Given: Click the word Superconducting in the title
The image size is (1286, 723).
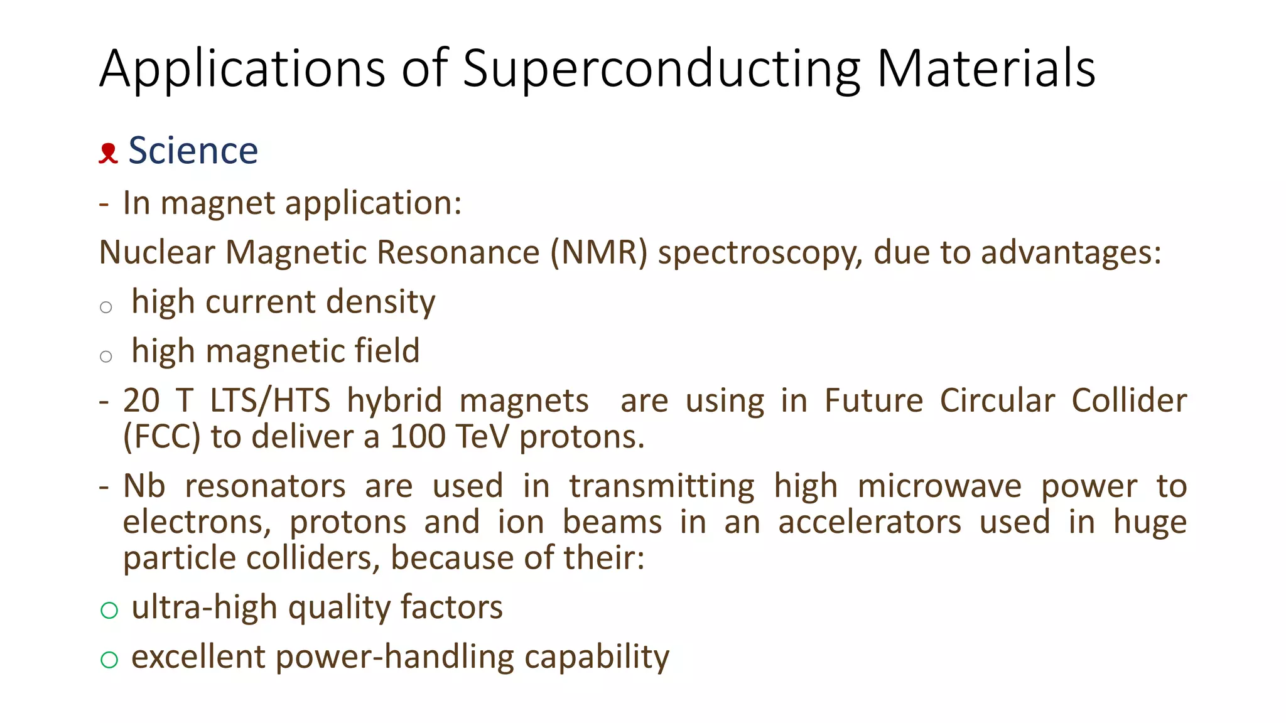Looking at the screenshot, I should pyautogui.click(x=661, y=69).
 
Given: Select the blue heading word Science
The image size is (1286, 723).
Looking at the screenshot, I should pyautogui.click(x=193, y=151).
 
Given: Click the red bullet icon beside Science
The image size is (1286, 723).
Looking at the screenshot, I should pyautogui.click(x=108, y=153).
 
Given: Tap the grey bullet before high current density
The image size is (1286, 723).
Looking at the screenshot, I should pyautogui.click(x=106, y=307).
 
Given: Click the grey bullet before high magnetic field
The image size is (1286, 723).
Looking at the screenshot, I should pyautogui.click(x=106, y=356).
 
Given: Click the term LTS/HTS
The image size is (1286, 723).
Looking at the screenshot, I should pyautogui.click(x=270, y=401).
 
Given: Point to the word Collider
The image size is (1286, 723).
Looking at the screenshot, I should pyautogui.click(x=1129, y=401).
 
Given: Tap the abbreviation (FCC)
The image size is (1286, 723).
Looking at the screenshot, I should pyautogui.click(x=162, y=437).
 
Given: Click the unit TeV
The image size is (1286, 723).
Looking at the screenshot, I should pyautogui.click(x=482, y=437).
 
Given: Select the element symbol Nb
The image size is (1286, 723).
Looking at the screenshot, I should pyautogui.click(x=144, y=486).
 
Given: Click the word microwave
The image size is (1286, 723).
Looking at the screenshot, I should pyautogui.click(x=939, y=486).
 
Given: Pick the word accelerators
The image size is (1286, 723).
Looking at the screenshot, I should pyautogui.click(x=870, y=522).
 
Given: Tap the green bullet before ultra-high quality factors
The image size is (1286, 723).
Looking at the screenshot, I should pyautogui.click(x=109, y=609).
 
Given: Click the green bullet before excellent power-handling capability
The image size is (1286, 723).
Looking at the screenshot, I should pyautogui.click(x=109, y=659).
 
